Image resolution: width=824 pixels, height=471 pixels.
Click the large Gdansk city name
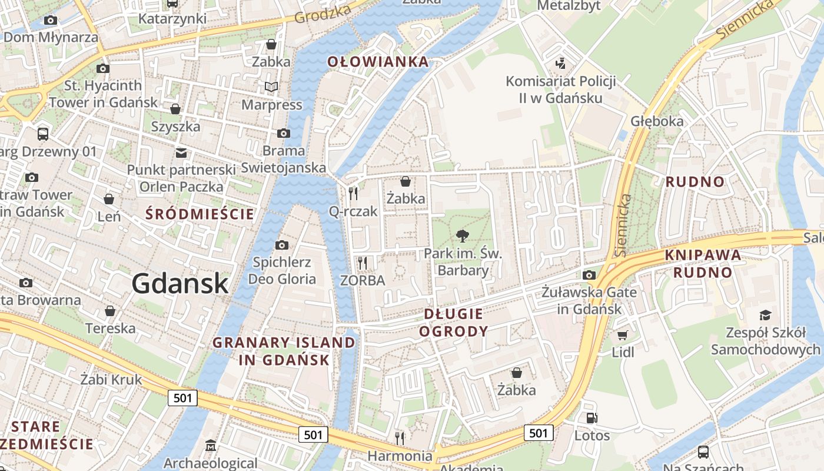[180, 283]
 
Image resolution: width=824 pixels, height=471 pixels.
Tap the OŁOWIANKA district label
[378, 62]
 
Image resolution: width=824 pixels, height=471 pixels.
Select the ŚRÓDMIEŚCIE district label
[200, 214]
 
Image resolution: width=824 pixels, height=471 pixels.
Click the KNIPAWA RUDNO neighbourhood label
[703, 264]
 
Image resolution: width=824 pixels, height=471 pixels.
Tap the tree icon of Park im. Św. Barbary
[463, 236]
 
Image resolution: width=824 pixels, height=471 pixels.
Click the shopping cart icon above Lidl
[623, 335]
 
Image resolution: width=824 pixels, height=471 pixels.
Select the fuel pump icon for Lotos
[592, 418]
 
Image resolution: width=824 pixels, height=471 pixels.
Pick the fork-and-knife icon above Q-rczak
[353, 193]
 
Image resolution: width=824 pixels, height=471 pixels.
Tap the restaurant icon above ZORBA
[363, 263]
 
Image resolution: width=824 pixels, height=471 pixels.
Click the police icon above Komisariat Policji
[561, 63]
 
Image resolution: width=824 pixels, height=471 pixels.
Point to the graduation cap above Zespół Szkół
[765, 315]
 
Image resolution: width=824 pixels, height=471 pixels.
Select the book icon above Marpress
[271, 87]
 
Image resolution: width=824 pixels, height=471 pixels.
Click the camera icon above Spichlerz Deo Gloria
[282, 245]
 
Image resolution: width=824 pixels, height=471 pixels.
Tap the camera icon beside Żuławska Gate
[589, 275]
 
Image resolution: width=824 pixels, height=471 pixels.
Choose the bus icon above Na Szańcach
[703, 452]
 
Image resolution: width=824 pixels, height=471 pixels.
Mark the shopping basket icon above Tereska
[110, 310]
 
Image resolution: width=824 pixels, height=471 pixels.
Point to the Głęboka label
[657, 121]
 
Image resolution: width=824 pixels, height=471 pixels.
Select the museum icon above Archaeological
[211, 446]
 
